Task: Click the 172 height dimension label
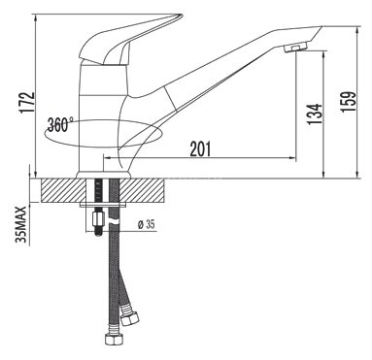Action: pos(27,103)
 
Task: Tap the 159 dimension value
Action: pos(349,102)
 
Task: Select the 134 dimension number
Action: pos(315,115)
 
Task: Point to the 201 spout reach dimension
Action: pos(200,148)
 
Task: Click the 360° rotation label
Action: pos(60,124)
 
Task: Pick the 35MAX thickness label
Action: pos(21,224)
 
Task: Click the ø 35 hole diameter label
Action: pos(146,224)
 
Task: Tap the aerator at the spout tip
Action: pos(295,48)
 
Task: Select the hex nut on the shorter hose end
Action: pos(129,317)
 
